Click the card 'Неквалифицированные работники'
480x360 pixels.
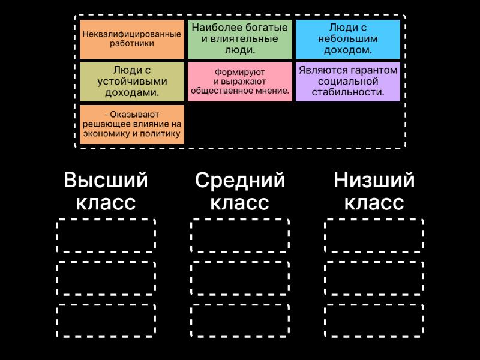click(132, 39)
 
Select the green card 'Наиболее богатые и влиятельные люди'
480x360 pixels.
click(239, 39)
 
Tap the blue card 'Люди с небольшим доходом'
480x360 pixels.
click(348, 39)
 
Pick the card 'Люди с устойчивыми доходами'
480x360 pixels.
click(132, 82)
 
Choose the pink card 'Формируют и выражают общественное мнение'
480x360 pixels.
click(239, 82)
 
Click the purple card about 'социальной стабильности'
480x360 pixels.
click(348, 82)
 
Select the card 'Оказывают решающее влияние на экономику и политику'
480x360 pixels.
click(132, 124)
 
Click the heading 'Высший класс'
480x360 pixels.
click(106, 191)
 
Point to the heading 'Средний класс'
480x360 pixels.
click(240, 191)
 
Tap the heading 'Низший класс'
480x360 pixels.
click(374, 191)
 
